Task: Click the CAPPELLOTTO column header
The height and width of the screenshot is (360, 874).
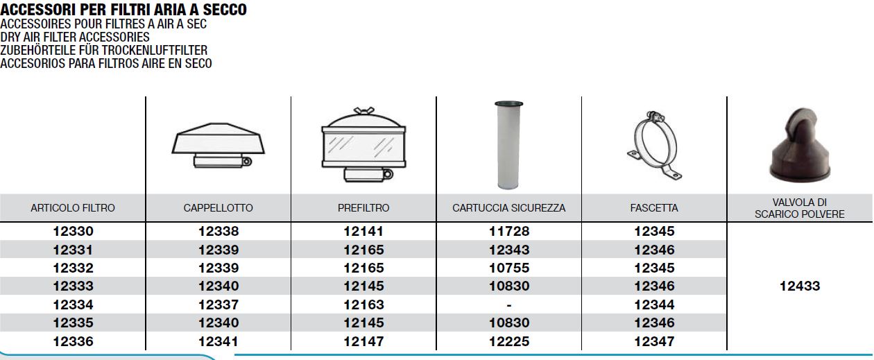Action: [218, 208]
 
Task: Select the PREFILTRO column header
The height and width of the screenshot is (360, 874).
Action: [363, 208]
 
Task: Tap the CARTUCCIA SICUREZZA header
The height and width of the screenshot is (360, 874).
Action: [509, 208]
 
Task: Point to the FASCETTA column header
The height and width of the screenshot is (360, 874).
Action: [654, 208]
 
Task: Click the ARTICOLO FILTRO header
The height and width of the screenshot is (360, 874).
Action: [73, 208]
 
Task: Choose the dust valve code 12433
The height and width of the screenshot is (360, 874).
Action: [800, 286]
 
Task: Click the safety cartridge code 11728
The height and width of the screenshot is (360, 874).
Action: [509, 231]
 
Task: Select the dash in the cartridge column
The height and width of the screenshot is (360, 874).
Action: [509, 305]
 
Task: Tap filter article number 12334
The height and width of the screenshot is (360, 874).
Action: [73, 305]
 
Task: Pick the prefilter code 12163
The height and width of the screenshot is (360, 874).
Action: [363, 305]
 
